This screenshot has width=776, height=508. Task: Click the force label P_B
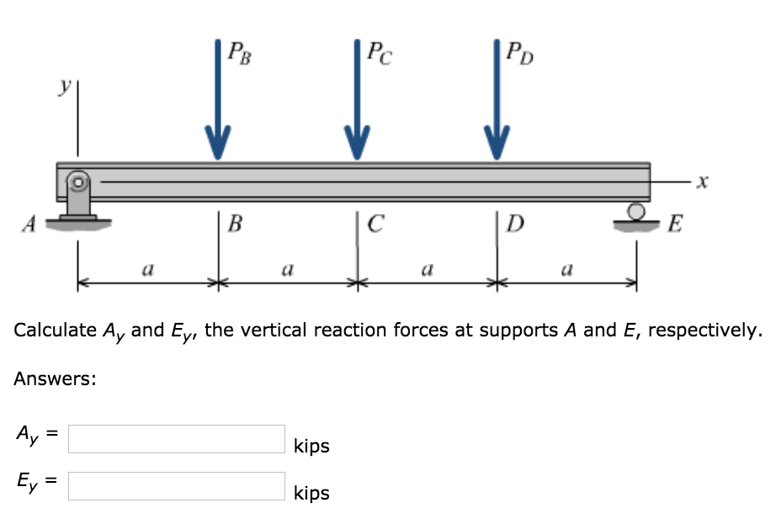coord(239,56)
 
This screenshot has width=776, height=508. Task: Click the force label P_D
coord(519,56)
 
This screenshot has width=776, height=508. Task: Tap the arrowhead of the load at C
coord(357,142)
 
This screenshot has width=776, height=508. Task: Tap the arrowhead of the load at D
coord(497,142)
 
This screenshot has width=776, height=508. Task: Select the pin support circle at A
coord(78,181)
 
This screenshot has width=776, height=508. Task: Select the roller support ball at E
coord(637,210)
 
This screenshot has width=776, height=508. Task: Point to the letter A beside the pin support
coord(29,224)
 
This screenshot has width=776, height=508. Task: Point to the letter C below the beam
coord(376,225)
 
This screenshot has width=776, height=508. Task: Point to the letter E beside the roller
coord(675,225)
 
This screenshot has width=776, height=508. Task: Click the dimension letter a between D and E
coord(566,271)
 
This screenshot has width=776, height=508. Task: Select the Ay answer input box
coord(177,439)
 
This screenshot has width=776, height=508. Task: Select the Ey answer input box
coord(177,486)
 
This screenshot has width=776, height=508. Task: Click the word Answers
coord(55,379)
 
